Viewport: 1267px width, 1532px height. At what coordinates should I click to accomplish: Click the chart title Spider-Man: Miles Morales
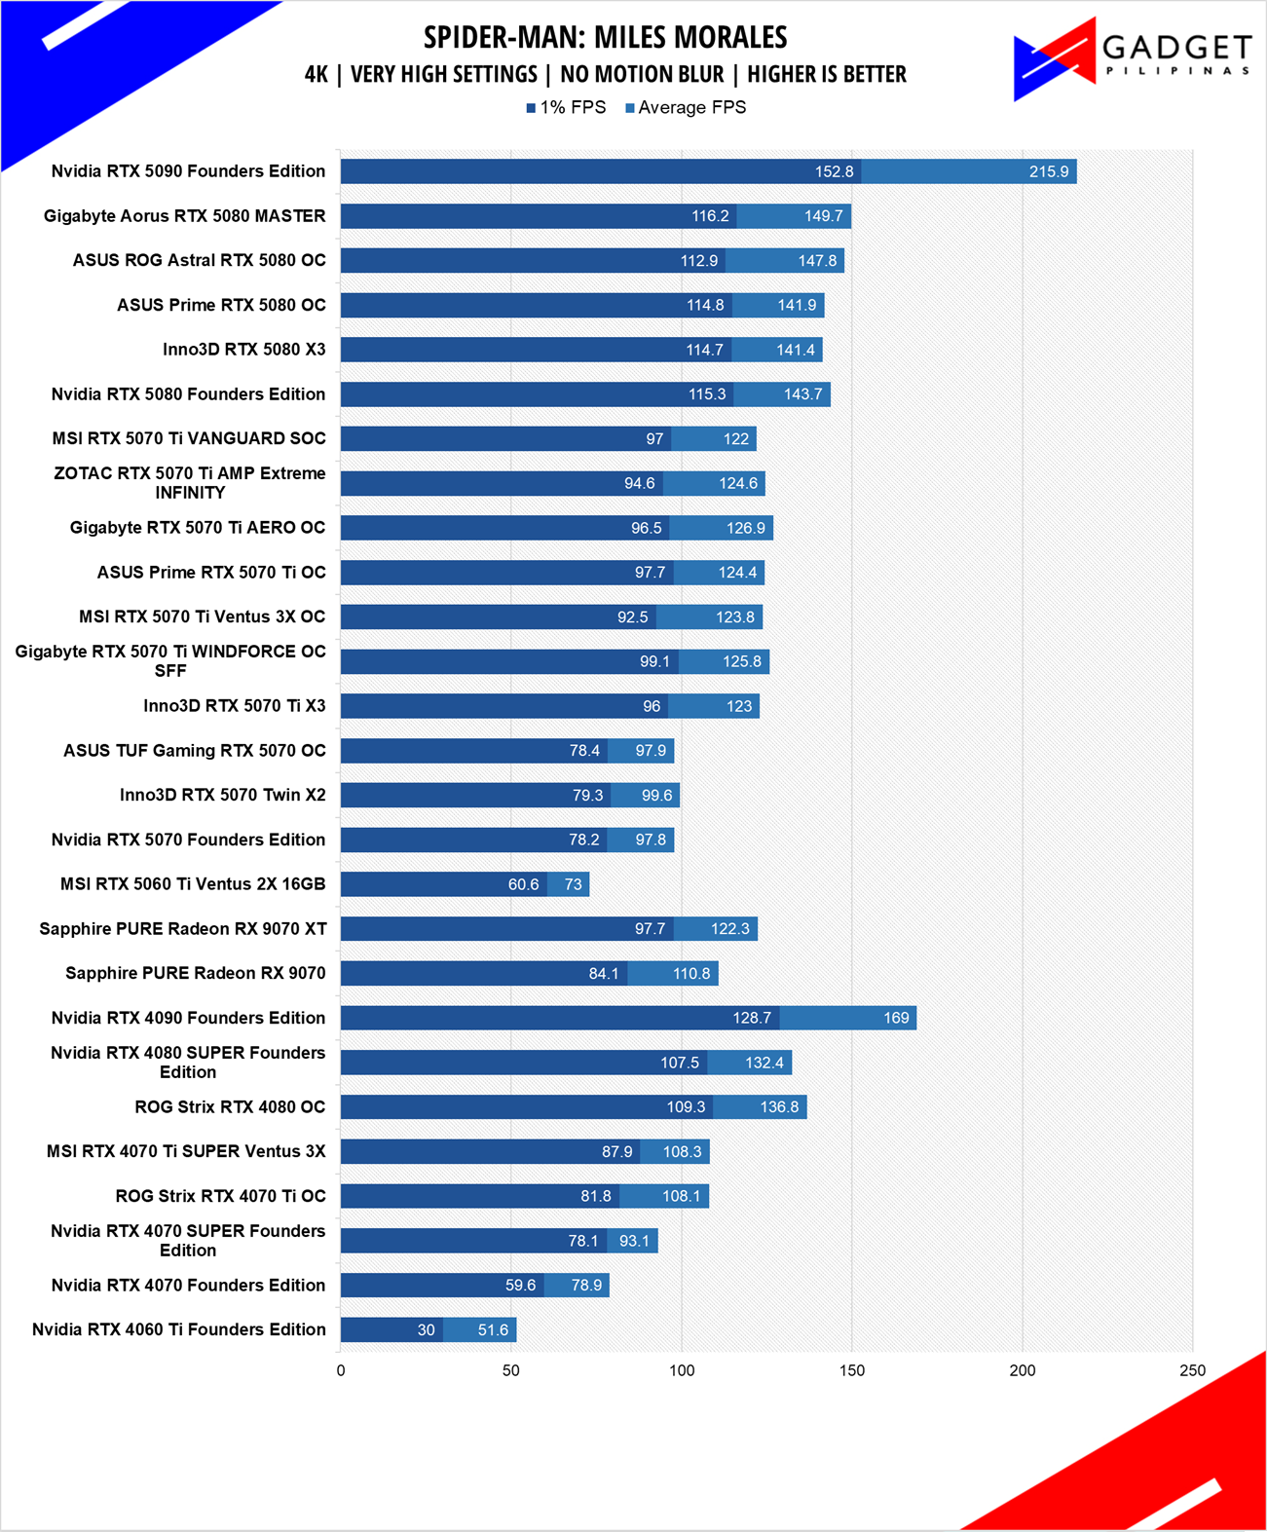(605, 37)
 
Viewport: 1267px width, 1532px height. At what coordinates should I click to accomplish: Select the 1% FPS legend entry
(566, 108)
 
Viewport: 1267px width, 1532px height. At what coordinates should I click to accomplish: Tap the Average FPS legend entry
(686, 108)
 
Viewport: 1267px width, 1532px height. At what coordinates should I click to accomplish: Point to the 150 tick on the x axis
(852, 1370)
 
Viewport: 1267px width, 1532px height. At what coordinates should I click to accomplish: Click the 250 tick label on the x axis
(1192, 1370)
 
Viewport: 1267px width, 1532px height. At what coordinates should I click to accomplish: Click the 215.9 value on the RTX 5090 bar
(1049, 171)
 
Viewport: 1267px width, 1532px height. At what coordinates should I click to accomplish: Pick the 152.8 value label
(835, 171)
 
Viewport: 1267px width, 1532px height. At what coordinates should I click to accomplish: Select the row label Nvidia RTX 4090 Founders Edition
(188, 1018)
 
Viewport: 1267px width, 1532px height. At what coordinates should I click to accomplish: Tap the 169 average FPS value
(896, 1018)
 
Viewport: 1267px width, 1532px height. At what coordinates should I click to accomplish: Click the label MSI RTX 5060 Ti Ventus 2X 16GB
(193, 884)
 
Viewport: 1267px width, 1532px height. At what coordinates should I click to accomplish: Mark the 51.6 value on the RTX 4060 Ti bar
(493, 1329)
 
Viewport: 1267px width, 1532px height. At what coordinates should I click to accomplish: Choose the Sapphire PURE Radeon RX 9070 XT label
(183, 929)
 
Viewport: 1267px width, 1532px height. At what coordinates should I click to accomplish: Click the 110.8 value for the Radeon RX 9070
(691, 974)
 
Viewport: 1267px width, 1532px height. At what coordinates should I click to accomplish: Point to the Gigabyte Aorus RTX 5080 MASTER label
(184, 215)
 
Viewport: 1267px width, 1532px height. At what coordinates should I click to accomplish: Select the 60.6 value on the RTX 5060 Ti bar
(523, 884)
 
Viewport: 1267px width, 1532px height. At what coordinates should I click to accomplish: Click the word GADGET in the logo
(1177, 48)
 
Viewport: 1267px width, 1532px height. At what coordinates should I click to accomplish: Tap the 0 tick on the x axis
(341, 1370)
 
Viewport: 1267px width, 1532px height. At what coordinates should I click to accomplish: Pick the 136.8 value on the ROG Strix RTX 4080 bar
(779, 1106)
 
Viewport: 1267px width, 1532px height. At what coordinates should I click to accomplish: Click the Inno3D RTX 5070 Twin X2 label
(222, 795)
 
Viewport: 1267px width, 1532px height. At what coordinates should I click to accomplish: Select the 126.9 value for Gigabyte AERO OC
(745, 528)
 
